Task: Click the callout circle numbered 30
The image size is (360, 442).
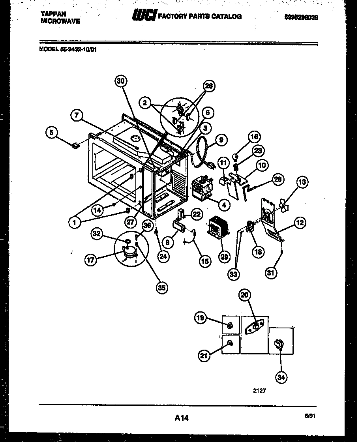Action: click(122, 81)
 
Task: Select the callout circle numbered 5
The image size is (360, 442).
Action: click(51, 133)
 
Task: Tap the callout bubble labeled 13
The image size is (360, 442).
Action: click(302, 182)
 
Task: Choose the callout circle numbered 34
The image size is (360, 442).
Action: click(281, 377)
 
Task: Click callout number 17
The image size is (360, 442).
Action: click(91, 260)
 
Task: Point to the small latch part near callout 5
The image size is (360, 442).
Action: click(75, 146)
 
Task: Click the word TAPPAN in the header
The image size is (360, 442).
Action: click(53, 13)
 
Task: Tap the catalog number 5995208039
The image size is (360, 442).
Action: click(301, 18)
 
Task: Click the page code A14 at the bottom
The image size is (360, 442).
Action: click(181, 418)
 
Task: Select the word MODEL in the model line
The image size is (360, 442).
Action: click(48, 50)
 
